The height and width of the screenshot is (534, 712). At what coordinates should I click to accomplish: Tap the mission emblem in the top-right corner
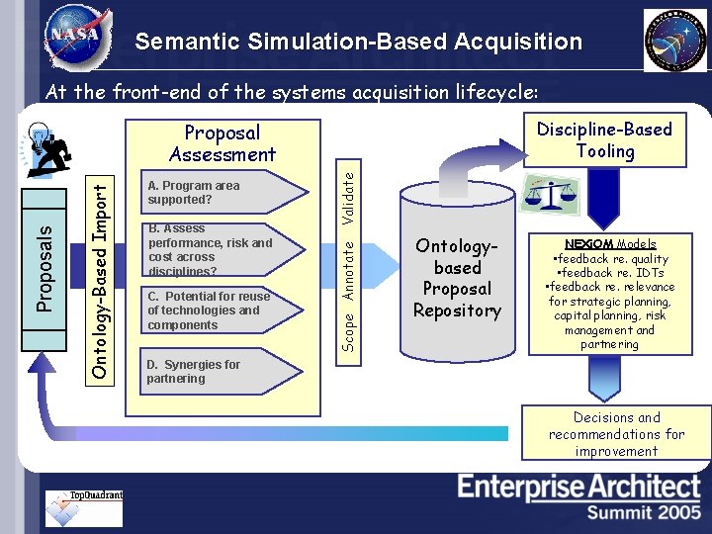point(675,40)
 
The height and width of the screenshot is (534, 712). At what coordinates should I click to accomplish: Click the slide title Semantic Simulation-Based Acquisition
point(358,42)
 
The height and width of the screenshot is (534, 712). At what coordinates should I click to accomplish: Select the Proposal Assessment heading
point(222,143)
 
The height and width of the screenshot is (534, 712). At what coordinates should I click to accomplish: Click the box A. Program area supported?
point(203,192)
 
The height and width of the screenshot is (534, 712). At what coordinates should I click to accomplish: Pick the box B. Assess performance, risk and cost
point(209,249)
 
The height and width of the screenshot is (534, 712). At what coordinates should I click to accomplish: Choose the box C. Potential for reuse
point(208,311)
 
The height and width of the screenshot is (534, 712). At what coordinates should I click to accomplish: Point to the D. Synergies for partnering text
point(194,371)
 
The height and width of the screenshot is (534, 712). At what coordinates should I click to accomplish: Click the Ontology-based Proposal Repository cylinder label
point(457,278)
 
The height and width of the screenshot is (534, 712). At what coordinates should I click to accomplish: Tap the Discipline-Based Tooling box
point(604,140)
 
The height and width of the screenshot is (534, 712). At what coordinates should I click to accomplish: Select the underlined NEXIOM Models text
point(610,243)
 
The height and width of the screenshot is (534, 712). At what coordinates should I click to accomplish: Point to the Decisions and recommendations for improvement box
point(616,434)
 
